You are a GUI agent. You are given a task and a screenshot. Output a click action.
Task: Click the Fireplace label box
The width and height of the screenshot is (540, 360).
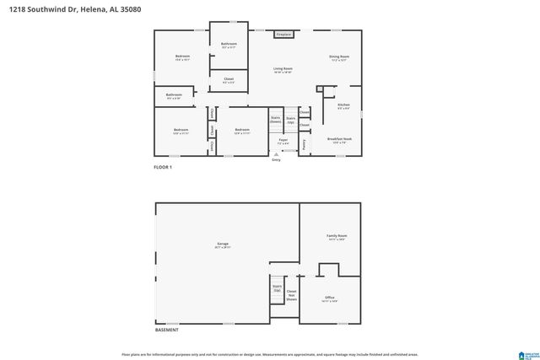[283, 35]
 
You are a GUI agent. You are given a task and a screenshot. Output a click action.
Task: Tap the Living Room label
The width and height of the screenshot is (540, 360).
[282, 70]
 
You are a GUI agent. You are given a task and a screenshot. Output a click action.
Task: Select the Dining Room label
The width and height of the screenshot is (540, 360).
[339, 58]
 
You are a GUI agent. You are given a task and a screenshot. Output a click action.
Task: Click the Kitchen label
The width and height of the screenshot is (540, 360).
[343, 107]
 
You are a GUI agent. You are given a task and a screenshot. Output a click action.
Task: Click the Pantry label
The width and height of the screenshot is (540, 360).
[304, 144]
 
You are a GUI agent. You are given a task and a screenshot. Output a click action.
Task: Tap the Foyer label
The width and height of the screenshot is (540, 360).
[283, 142]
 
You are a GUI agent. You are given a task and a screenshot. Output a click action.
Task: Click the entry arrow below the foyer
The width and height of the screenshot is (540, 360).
[276, 155]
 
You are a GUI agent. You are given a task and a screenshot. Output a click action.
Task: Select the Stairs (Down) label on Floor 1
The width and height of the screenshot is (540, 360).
[275, 121]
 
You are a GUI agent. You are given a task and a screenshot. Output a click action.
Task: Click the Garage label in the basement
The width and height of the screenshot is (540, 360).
[222, 246]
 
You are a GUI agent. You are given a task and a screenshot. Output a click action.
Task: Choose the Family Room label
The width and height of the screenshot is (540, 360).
[337, 237]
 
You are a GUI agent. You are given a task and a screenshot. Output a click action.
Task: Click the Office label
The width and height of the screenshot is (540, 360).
[330, 298]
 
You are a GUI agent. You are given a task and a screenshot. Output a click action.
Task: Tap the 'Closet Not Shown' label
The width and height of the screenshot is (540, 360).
[291, 294]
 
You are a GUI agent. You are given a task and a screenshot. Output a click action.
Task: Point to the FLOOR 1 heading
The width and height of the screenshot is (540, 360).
[162, 167]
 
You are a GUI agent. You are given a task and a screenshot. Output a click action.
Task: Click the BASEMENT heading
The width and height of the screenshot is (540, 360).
[166, 330]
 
